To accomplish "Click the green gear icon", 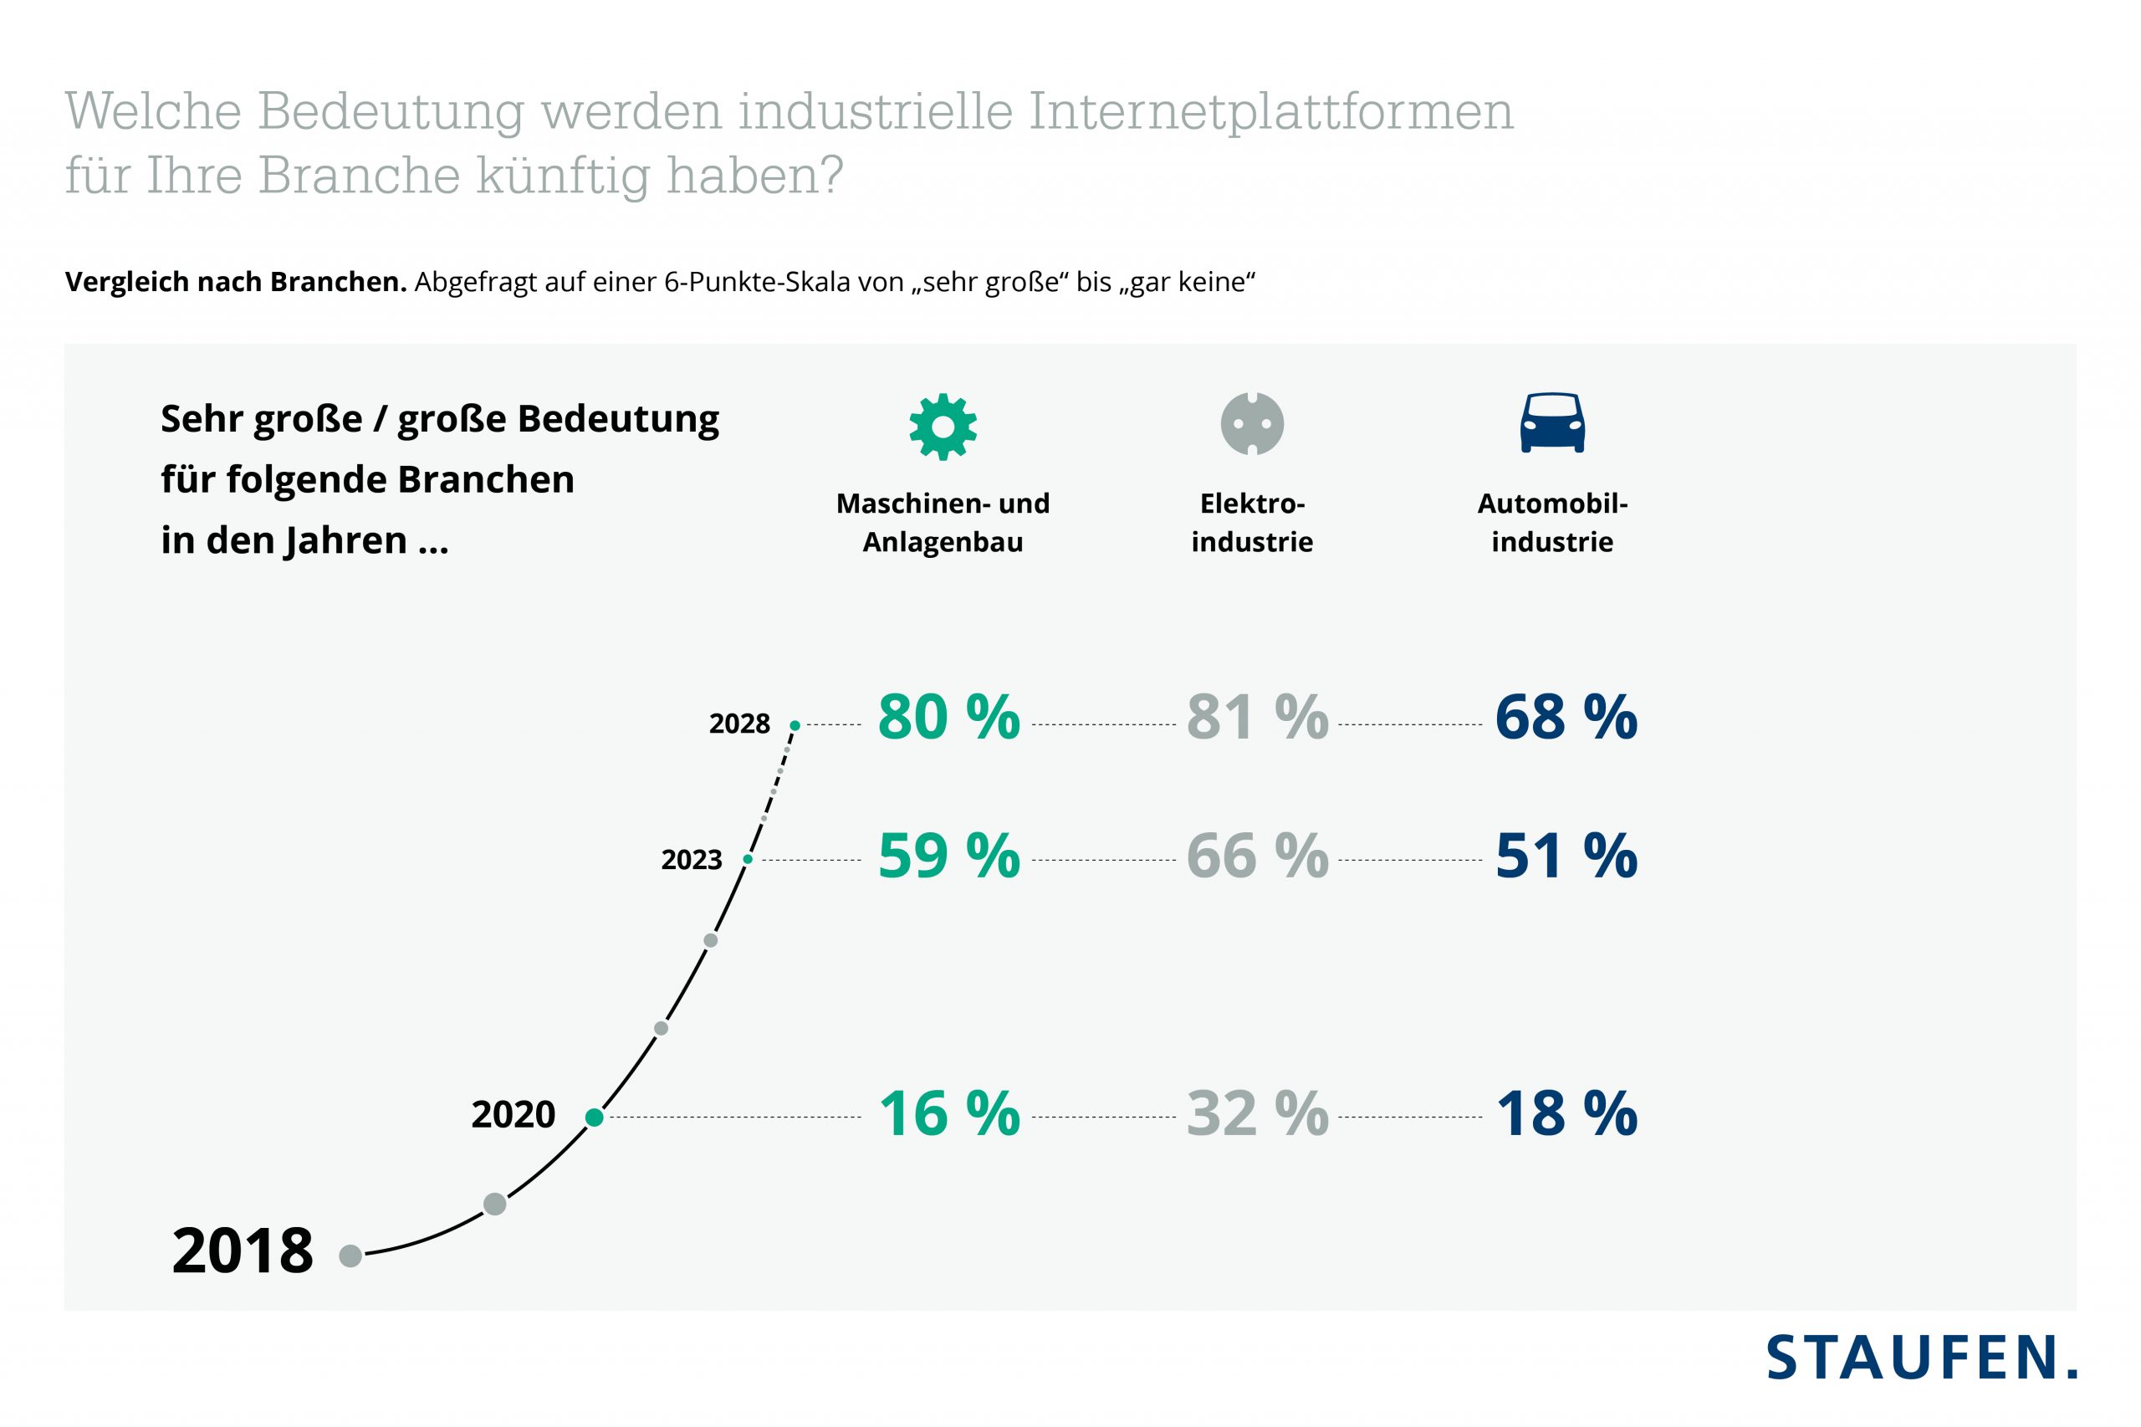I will (943, 426).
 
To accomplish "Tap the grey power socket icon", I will (1251, 423).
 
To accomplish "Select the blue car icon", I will (1551, 423).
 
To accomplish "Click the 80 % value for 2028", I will (948, 717).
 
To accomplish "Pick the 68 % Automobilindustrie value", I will (1565, 717).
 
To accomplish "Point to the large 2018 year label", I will (242, 1251).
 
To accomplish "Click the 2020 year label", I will (513, 1114).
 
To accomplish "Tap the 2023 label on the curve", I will (691, 859).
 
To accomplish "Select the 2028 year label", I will (738, 724).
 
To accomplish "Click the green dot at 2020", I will (594, 1117).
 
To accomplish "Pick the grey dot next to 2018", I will (350, 1256).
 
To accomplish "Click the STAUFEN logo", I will (1921, 1358).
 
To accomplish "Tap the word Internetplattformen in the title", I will (1270, 112).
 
